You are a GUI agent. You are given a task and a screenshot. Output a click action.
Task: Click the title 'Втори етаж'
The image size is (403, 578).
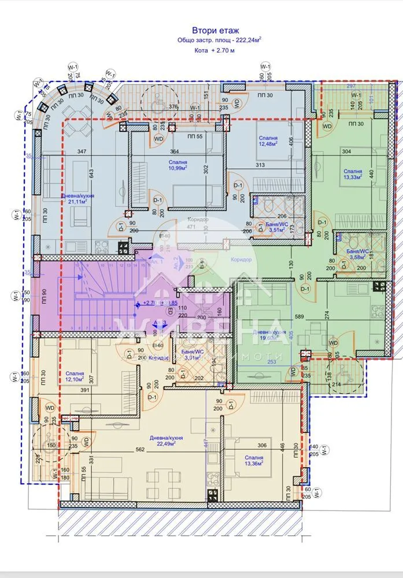pyautogui.click(x=215, y=30)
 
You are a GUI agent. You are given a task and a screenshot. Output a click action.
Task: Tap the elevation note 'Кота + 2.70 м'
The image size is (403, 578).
pyautogui.click(x=215, y=51)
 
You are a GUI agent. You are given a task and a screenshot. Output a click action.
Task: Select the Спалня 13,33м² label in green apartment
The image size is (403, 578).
pyautogui.click(x=352, y=174)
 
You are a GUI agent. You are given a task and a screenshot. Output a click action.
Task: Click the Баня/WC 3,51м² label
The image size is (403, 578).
pyautogui.click(x=268, y=228)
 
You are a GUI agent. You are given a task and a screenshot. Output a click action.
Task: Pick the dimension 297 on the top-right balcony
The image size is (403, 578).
pyautogui.click(x=351, y=86)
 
